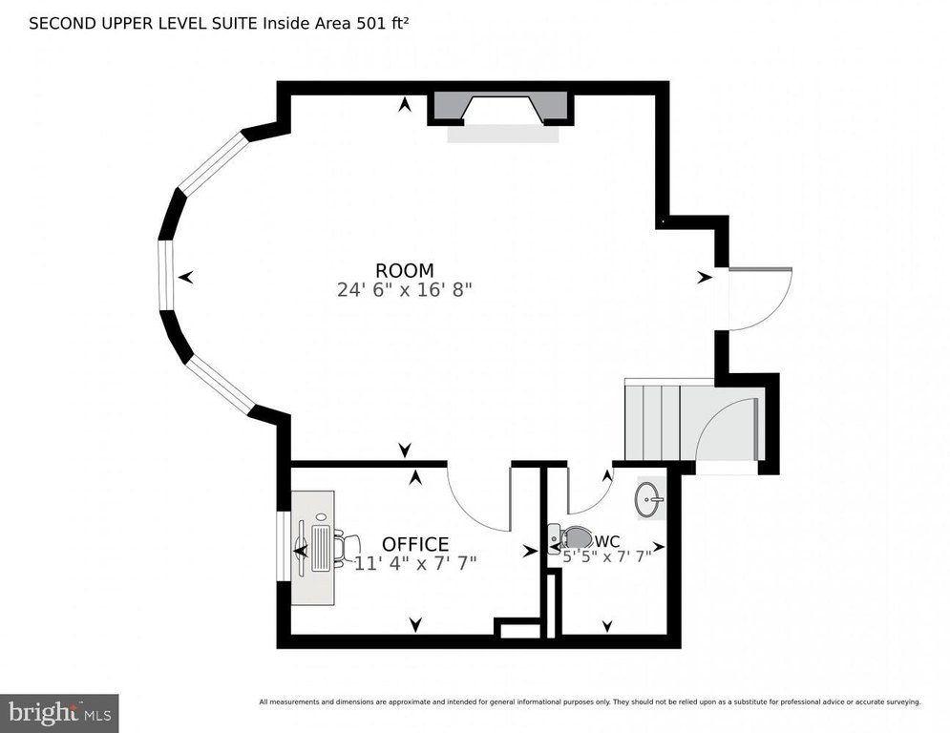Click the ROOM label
[x=405, y=270]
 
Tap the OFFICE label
[x=415, y=543]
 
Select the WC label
[x=607, y=541]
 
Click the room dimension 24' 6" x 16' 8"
[x=404, y=289]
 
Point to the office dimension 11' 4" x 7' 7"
[x=415, y=563]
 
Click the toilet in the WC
[x=571, y=538]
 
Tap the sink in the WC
[x=649, y=500]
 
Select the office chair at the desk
[x=347, y=547]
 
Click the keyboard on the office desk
[x=321, y=548]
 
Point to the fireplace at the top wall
[x=500, y=110]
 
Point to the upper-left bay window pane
[x=215, y=162]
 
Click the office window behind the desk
[x=284, y=547]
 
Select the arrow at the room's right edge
[x=704, y=278]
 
